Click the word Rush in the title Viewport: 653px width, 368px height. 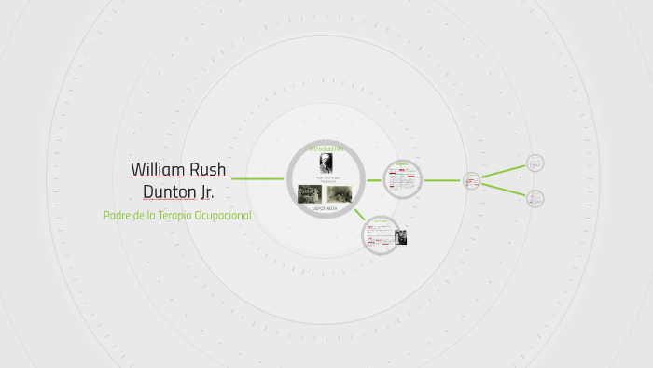tap(208, 170)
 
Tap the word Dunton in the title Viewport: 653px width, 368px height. tap(168, 192)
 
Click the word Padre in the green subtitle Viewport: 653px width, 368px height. tap(118, 216)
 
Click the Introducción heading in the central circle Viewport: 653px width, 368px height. tap(326, 149)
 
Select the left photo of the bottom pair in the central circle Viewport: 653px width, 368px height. tap(309, 193)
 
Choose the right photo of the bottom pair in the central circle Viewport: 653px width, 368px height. tap(337, 193)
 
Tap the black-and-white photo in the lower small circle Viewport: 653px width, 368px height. tap(400, 237)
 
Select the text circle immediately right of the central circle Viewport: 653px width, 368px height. tap(402, 179)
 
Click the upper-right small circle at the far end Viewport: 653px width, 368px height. tap(535, 163)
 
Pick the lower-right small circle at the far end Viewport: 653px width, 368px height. tap(535, 198)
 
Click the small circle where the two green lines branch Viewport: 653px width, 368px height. tap(471, 180)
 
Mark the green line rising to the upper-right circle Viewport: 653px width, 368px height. tap(503, 172)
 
